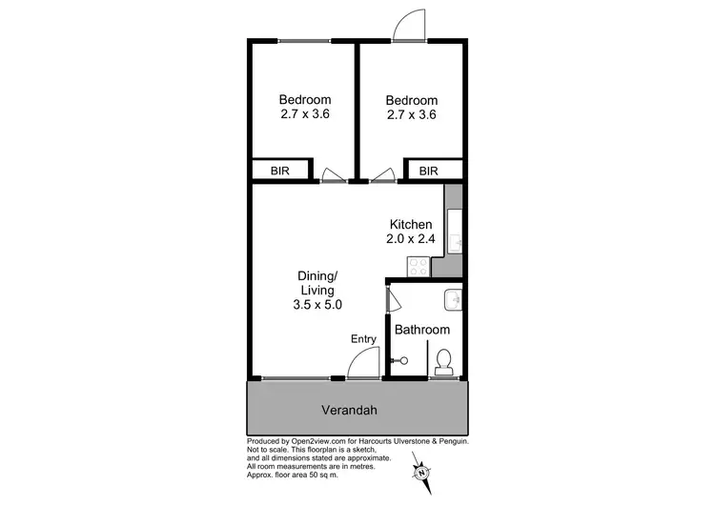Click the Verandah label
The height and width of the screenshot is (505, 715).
coord(357,412)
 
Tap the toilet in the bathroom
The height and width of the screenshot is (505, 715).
coord(443,362)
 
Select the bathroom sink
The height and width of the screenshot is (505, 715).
coord(454,300)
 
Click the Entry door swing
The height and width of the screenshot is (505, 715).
coord(361,364)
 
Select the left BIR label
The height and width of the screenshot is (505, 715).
coord(280,172)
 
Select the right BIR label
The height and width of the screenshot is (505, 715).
coord(428,172)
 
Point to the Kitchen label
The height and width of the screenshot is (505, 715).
coord(411,224)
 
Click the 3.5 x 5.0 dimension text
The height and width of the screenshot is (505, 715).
coord(317,305)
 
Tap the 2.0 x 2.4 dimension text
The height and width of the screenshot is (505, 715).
coord(411,239)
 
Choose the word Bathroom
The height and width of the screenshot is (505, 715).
coord(422,330)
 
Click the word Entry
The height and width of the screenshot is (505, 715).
coord(364,339)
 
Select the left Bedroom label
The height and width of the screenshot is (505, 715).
coord(305,100)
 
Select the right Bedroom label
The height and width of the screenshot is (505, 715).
coord(411,100)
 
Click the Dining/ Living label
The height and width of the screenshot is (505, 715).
coord(317,283)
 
